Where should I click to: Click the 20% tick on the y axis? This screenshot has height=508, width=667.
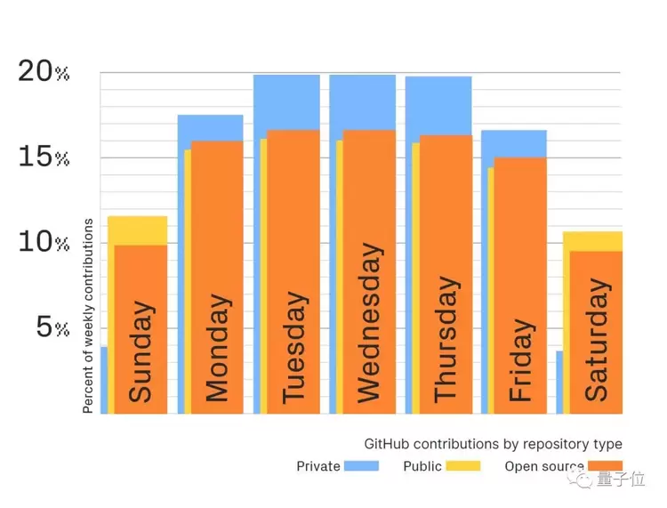click(x=43, y=72)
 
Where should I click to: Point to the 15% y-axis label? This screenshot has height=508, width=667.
click(x=43, y=157)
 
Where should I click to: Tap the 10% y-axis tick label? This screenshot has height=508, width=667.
click(x=43, y=242)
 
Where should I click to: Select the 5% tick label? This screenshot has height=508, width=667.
click(x=51, y=327)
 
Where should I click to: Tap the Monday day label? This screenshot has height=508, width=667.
click(x=218, y=347)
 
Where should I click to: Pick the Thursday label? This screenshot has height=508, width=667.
click(x=445, y=338)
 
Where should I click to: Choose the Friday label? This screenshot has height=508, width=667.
click(x=521, y=359)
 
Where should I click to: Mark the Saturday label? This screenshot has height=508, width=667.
click(x=597, y=340)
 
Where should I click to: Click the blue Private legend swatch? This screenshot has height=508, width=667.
click(x=361, y=466)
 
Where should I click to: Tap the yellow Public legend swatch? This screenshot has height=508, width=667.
click(x=462, y=466)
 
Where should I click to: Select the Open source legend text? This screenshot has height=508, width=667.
click(x=543, y=466)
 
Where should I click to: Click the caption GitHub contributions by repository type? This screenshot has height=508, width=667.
click(x=493, y=444)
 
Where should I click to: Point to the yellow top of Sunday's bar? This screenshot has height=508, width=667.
click(x=137, y=230)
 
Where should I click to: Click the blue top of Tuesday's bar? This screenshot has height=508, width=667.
click(x=286, y=101)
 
